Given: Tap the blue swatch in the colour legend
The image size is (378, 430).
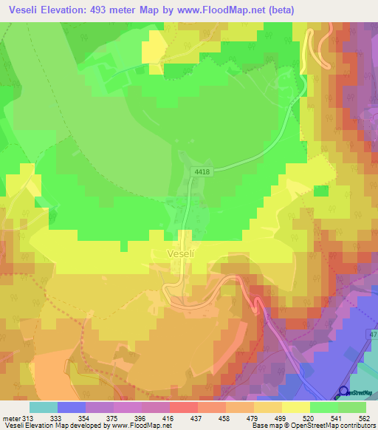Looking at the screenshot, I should (x=72, y=407).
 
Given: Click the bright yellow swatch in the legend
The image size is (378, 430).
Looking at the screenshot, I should (x=296, y=407).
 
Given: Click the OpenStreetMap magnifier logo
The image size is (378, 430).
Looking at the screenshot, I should (x=344, y=392).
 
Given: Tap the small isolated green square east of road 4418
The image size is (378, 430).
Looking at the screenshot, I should (x=320, y=191).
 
